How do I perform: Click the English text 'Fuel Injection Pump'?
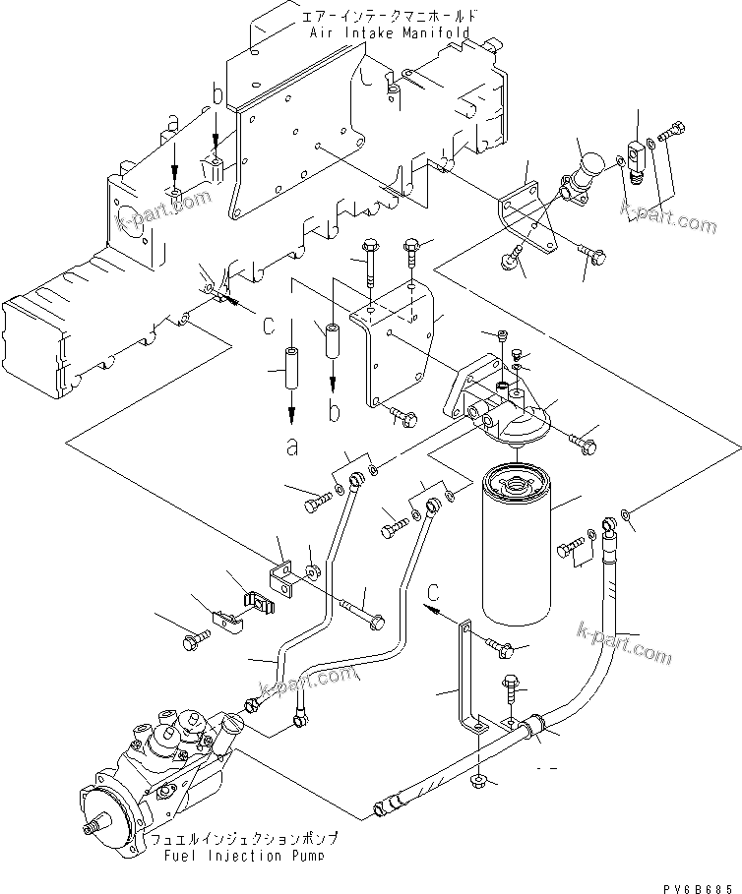pos(244,856)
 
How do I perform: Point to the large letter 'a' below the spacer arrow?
pos(292,448)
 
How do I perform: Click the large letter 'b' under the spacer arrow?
pos(334,413)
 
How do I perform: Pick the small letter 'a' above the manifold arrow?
pos(173,122)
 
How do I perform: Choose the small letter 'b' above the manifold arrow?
pos(216,95)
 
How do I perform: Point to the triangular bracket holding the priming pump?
pos(530,221)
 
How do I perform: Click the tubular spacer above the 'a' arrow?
pos(292,367)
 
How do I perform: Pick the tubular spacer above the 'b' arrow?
pos(332,339)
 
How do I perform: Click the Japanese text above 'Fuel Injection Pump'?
pos(244,839)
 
